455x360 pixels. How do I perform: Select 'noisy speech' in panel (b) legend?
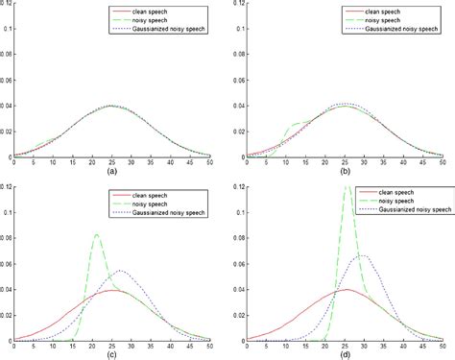(x=397, y=19)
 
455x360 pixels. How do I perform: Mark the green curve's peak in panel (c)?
(x=97, y=234)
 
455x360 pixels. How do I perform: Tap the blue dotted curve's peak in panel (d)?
(x=362, y=255)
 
